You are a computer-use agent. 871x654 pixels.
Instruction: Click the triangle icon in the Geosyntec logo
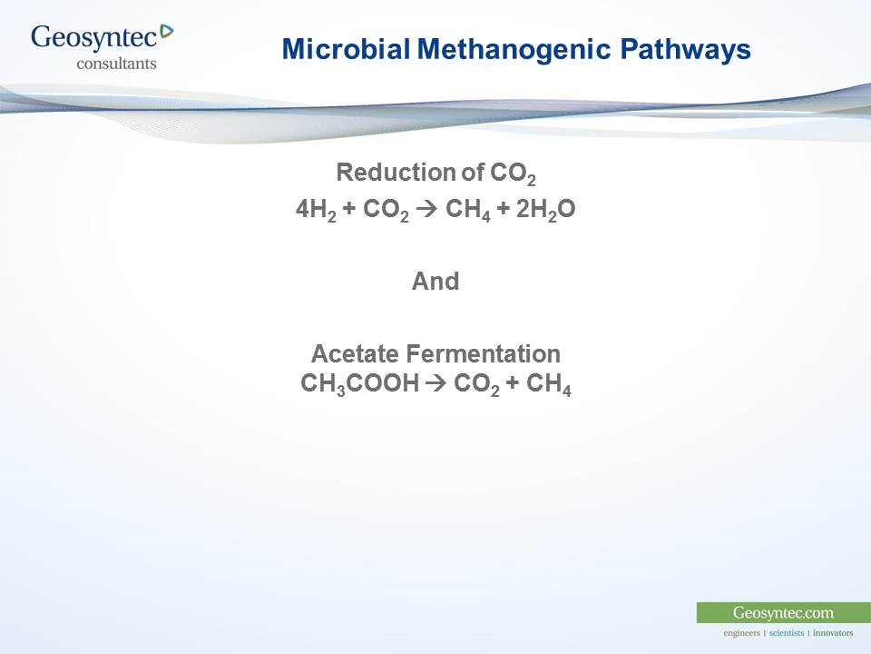click(x=166, y=33)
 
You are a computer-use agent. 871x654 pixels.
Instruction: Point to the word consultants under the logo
click(x=116, y=64)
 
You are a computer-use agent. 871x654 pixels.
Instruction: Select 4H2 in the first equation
click(x=315, y=210)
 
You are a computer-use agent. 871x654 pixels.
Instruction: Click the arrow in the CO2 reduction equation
click(x=427, y=210)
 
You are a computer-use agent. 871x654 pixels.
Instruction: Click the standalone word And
click(x=435, y=282)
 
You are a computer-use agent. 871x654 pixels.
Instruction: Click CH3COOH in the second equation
click(x=359, y=384)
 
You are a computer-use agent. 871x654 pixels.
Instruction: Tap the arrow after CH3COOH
click(x=435, y=384)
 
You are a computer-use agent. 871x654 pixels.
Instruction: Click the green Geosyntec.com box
click(x=783, y=612)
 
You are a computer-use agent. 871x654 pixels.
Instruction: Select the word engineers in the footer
click(x=741, y=633)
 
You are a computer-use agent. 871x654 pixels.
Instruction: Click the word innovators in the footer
click(x=833, y=633)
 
